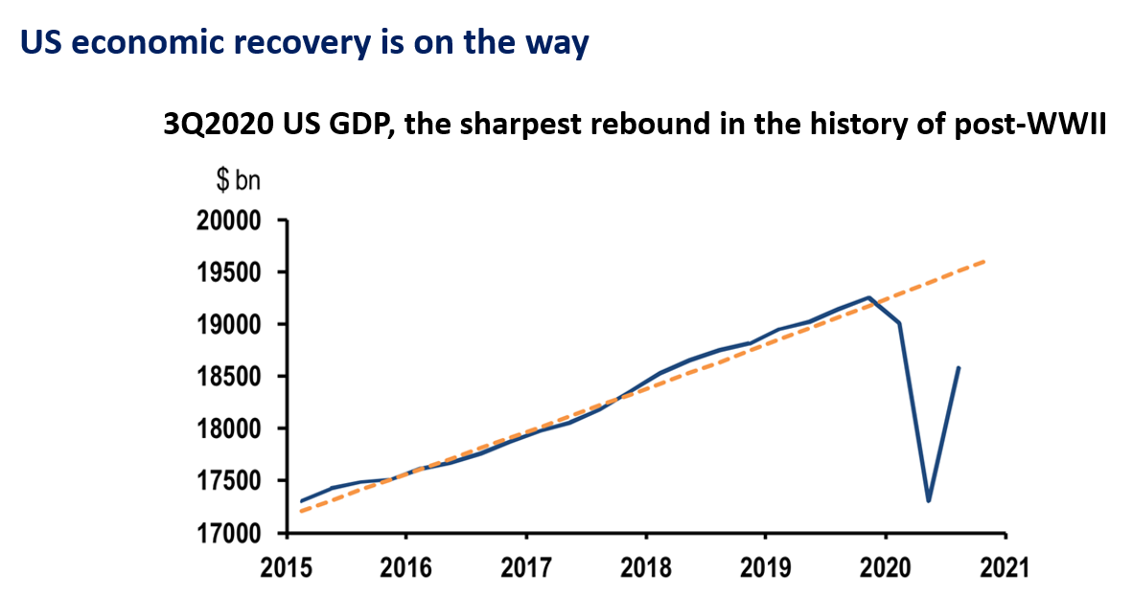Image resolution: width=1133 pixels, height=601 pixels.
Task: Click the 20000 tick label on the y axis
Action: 228,220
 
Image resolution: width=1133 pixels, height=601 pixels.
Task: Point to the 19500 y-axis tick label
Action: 228,272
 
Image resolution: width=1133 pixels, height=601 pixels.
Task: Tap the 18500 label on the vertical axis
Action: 228,377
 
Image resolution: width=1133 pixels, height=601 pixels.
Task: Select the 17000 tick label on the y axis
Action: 228,533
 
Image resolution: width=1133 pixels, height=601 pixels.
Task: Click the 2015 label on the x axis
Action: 287,566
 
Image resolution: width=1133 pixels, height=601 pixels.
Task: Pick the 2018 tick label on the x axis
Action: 645,566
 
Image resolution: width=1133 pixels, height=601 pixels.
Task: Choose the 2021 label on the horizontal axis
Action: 1005,566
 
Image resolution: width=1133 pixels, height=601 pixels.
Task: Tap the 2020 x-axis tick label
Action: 885,566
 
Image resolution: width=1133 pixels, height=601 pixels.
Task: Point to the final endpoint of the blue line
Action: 960,367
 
